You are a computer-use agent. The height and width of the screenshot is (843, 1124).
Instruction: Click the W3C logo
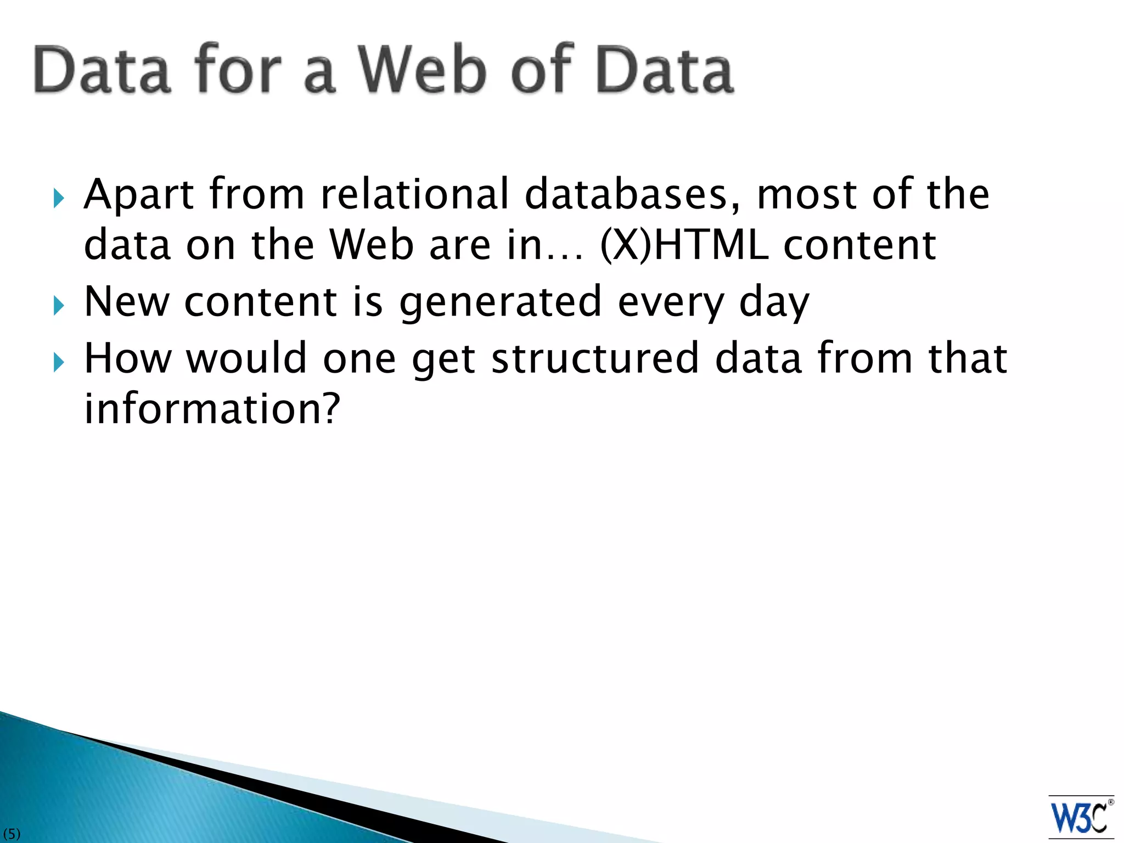(x=1080, y=817)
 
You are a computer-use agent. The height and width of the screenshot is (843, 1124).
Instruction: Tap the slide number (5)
(x=11, y=834)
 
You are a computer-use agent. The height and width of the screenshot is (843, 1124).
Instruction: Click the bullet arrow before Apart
(x=59, y=198)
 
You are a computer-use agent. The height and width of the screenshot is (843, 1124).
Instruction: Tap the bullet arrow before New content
(x=59, y=306)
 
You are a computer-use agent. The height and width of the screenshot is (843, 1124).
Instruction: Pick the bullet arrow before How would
(x=59, y=362)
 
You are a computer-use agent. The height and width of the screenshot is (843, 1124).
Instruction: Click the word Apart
(x=139, y=195)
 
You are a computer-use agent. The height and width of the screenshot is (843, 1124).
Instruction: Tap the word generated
(x=500, y=303)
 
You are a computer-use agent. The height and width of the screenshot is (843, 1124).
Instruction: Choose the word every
(x=671, y=303)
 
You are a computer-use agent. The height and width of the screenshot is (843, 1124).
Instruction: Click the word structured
(x=595, y=358)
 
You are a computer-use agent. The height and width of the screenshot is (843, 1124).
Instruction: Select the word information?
(x=212, y=409)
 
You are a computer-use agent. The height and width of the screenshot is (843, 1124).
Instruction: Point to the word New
(x=127, y=302)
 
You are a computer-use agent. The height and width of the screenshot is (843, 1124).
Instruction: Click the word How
(x=128, y=358)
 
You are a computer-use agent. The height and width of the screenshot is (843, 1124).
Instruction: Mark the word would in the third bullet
(x=246, y=358)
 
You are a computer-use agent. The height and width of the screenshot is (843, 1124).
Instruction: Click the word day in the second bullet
(x=774, y=303)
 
